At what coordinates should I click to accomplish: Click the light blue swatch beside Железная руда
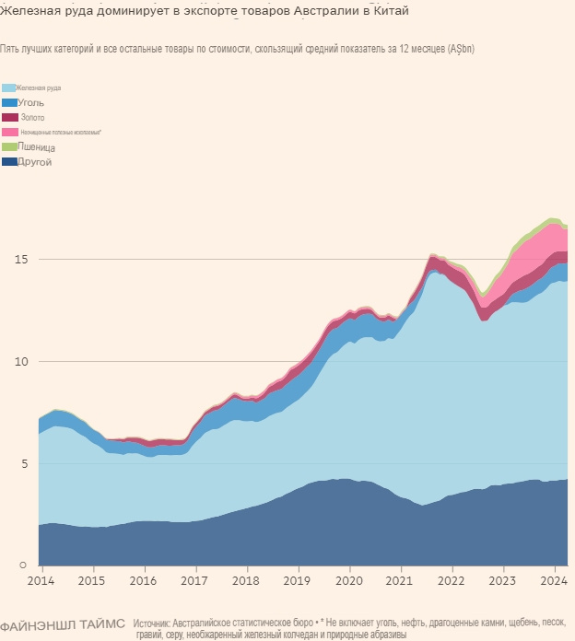coord(10,87)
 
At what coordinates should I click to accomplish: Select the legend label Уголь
coord(30,102)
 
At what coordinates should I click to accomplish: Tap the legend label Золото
coord(30,117)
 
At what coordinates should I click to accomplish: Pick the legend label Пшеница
coord(36,147)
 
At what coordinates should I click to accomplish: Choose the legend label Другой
coord(34,162)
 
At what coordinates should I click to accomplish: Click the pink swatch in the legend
coord(10,133)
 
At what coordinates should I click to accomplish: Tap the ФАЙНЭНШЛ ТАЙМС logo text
coord(63,624)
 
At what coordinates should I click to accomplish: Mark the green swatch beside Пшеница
coord(10,147)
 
